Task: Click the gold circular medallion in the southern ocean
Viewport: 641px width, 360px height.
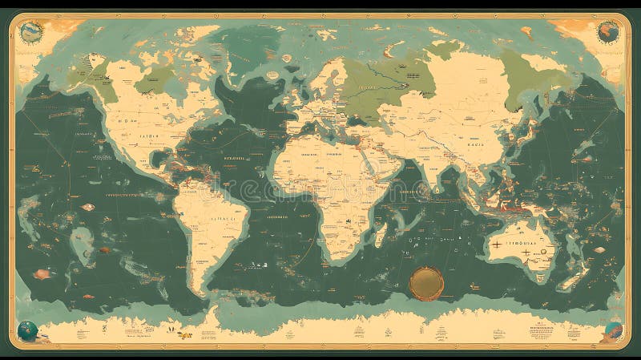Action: coord(425,281)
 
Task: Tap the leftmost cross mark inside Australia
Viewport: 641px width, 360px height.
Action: coord(497,242)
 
